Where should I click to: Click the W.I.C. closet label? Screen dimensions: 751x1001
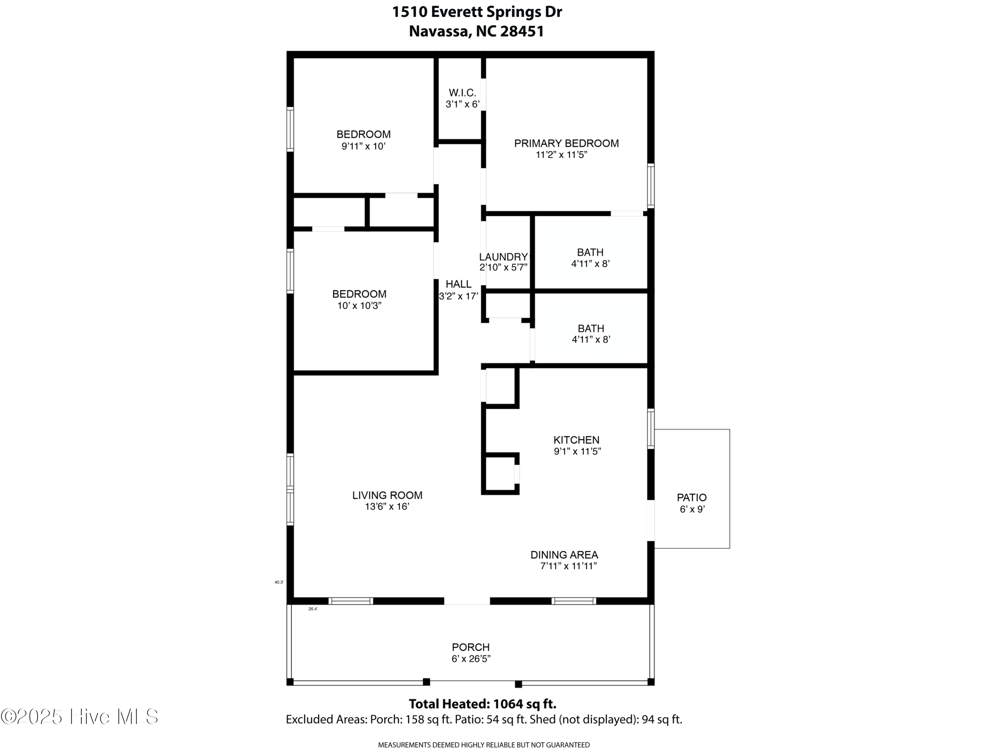coord(462,93)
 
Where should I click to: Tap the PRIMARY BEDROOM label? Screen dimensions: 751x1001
coord(566,144)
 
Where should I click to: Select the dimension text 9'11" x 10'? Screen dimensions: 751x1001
coord(363,146)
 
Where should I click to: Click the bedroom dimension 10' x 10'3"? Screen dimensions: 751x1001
coord(359,305)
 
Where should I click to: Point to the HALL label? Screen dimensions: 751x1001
coord(458,284)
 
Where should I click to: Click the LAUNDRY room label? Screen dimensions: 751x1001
coord(503,257)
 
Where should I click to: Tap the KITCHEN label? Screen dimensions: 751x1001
coord(576,440)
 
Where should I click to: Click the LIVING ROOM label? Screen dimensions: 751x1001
coord(387,495)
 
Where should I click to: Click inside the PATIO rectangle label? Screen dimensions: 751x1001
coord(691,498)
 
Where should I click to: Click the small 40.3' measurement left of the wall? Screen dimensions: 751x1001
coord(279,582)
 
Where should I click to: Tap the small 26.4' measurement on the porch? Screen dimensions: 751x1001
coord(313,609)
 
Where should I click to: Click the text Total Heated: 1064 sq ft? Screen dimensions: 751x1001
coord(482,704)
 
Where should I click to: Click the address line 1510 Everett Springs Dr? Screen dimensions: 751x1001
coord(476,12)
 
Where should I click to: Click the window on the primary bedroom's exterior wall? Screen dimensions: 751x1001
coord(650,186)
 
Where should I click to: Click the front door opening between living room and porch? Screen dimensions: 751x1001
coord(466,601)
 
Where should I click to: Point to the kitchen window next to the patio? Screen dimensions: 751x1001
coord(650,428)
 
